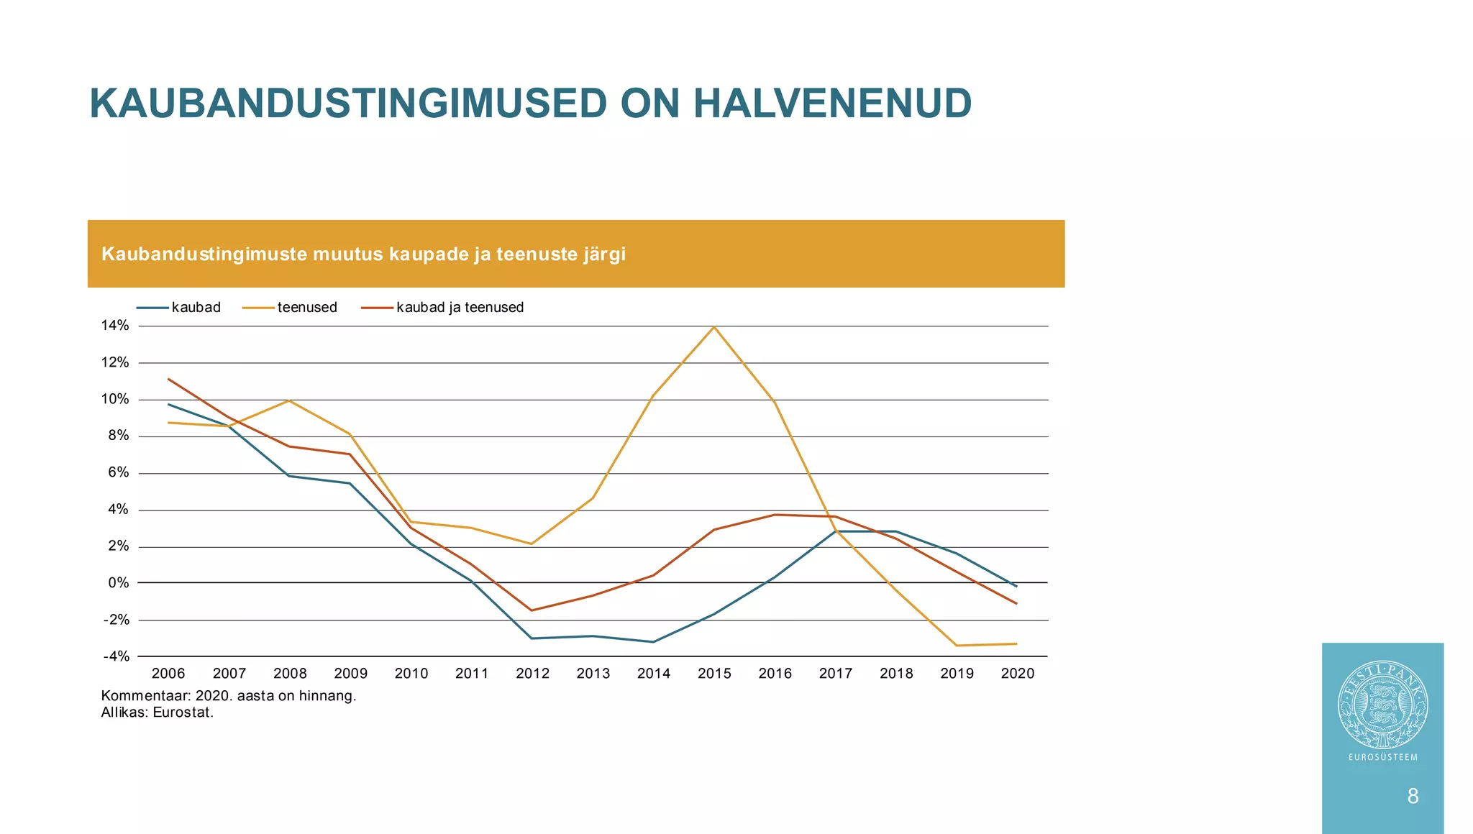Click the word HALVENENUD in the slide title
click(832, 104)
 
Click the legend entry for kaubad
click(196, 308)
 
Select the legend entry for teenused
click(306, 308)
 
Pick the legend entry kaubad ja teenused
click(460, 308)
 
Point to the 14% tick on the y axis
click(115, 326)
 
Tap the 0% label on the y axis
click(119, 583)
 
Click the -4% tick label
click(117, 656)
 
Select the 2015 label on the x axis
click(714, 674)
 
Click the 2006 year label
click(168, 674)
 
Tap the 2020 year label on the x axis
click(1018, 674)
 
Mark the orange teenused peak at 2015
click(714, 327)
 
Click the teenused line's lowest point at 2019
click(957, 646)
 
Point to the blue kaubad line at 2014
click(654, 641)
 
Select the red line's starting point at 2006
click(169, 379)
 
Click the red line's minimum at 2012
click(532, 610)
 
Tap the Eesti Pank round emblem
click(1382, 705)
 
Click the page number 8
click(1413, 796)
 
